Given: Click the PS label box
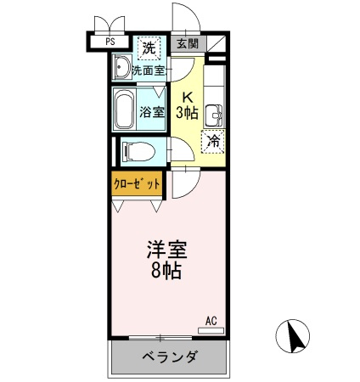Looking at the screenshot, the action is coord(110,42).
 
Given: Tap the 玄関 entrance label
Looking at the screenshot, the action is coord(188,43).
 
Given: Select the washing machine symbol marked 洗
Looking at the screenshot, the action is coord(149,48).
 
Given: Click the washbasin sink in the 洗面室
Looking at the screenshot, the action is coord(121,67).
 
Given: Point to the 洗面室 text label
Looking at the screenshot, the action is coord(149,70).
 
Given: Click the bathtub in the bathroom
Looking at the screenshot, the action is coord(124,109).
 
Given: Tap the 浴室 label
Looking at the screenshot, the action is coord(152,112).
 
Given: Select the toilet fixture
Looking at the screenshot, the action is coord(138,151).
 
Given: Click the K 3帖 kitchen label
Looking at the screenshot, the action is coord(187,105).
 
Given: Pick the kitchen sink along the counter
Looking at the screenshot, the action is coord(214,115).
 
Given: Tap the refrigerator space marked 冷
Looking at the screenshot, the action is coord(214,141).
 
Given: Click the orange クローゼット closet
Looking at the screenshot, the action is coord(137,183).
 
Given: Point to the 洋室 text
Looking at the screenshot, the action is coord(167,250).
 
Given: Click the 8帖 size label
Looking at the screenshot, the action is coord(166,272).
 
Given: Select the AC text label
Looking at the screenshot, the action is coord(211,321).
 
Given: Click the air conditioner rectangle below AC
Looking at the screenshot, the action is coord(211,330).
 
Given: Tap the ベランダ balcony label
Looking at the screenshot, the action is coord(169,357).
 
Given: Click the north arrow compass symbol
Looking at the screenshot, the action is coord(293,336).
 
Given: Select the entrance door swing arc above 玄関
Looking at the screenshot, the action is coord(194,13).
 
